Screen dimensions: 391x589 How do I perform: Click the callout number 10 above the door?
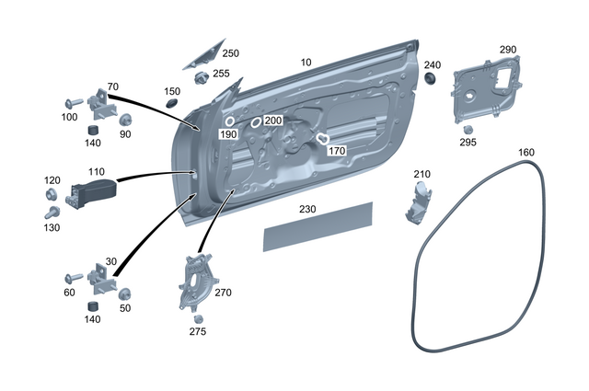(306, 62)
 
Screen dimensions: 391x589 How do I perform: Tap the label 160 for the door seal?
(525, 152)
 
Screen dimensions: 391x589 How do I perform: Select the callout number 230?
(307, 209)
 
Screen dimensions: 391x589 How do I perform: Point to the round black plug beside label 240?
(430, 81)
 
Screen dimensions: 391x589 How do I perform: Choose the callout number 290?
(507, 49)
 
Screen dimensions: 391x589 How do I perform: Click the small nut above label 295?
(467, 128)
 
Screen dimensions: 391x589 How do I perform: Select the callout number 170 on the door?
(337, 150)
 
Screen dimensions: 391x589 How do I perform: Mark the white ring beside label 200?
(255, 123)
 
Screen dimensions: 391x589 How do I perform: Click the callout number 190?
(228, 134)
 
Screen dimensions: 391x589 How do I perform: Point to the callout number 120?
(52, 180)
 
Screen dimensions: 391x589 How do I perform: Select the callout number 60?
(68, 293)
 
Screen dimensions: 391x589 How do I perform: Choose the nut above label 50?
(125, 293)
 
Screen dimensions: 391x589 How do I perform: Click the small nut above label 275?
(197, 318)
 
